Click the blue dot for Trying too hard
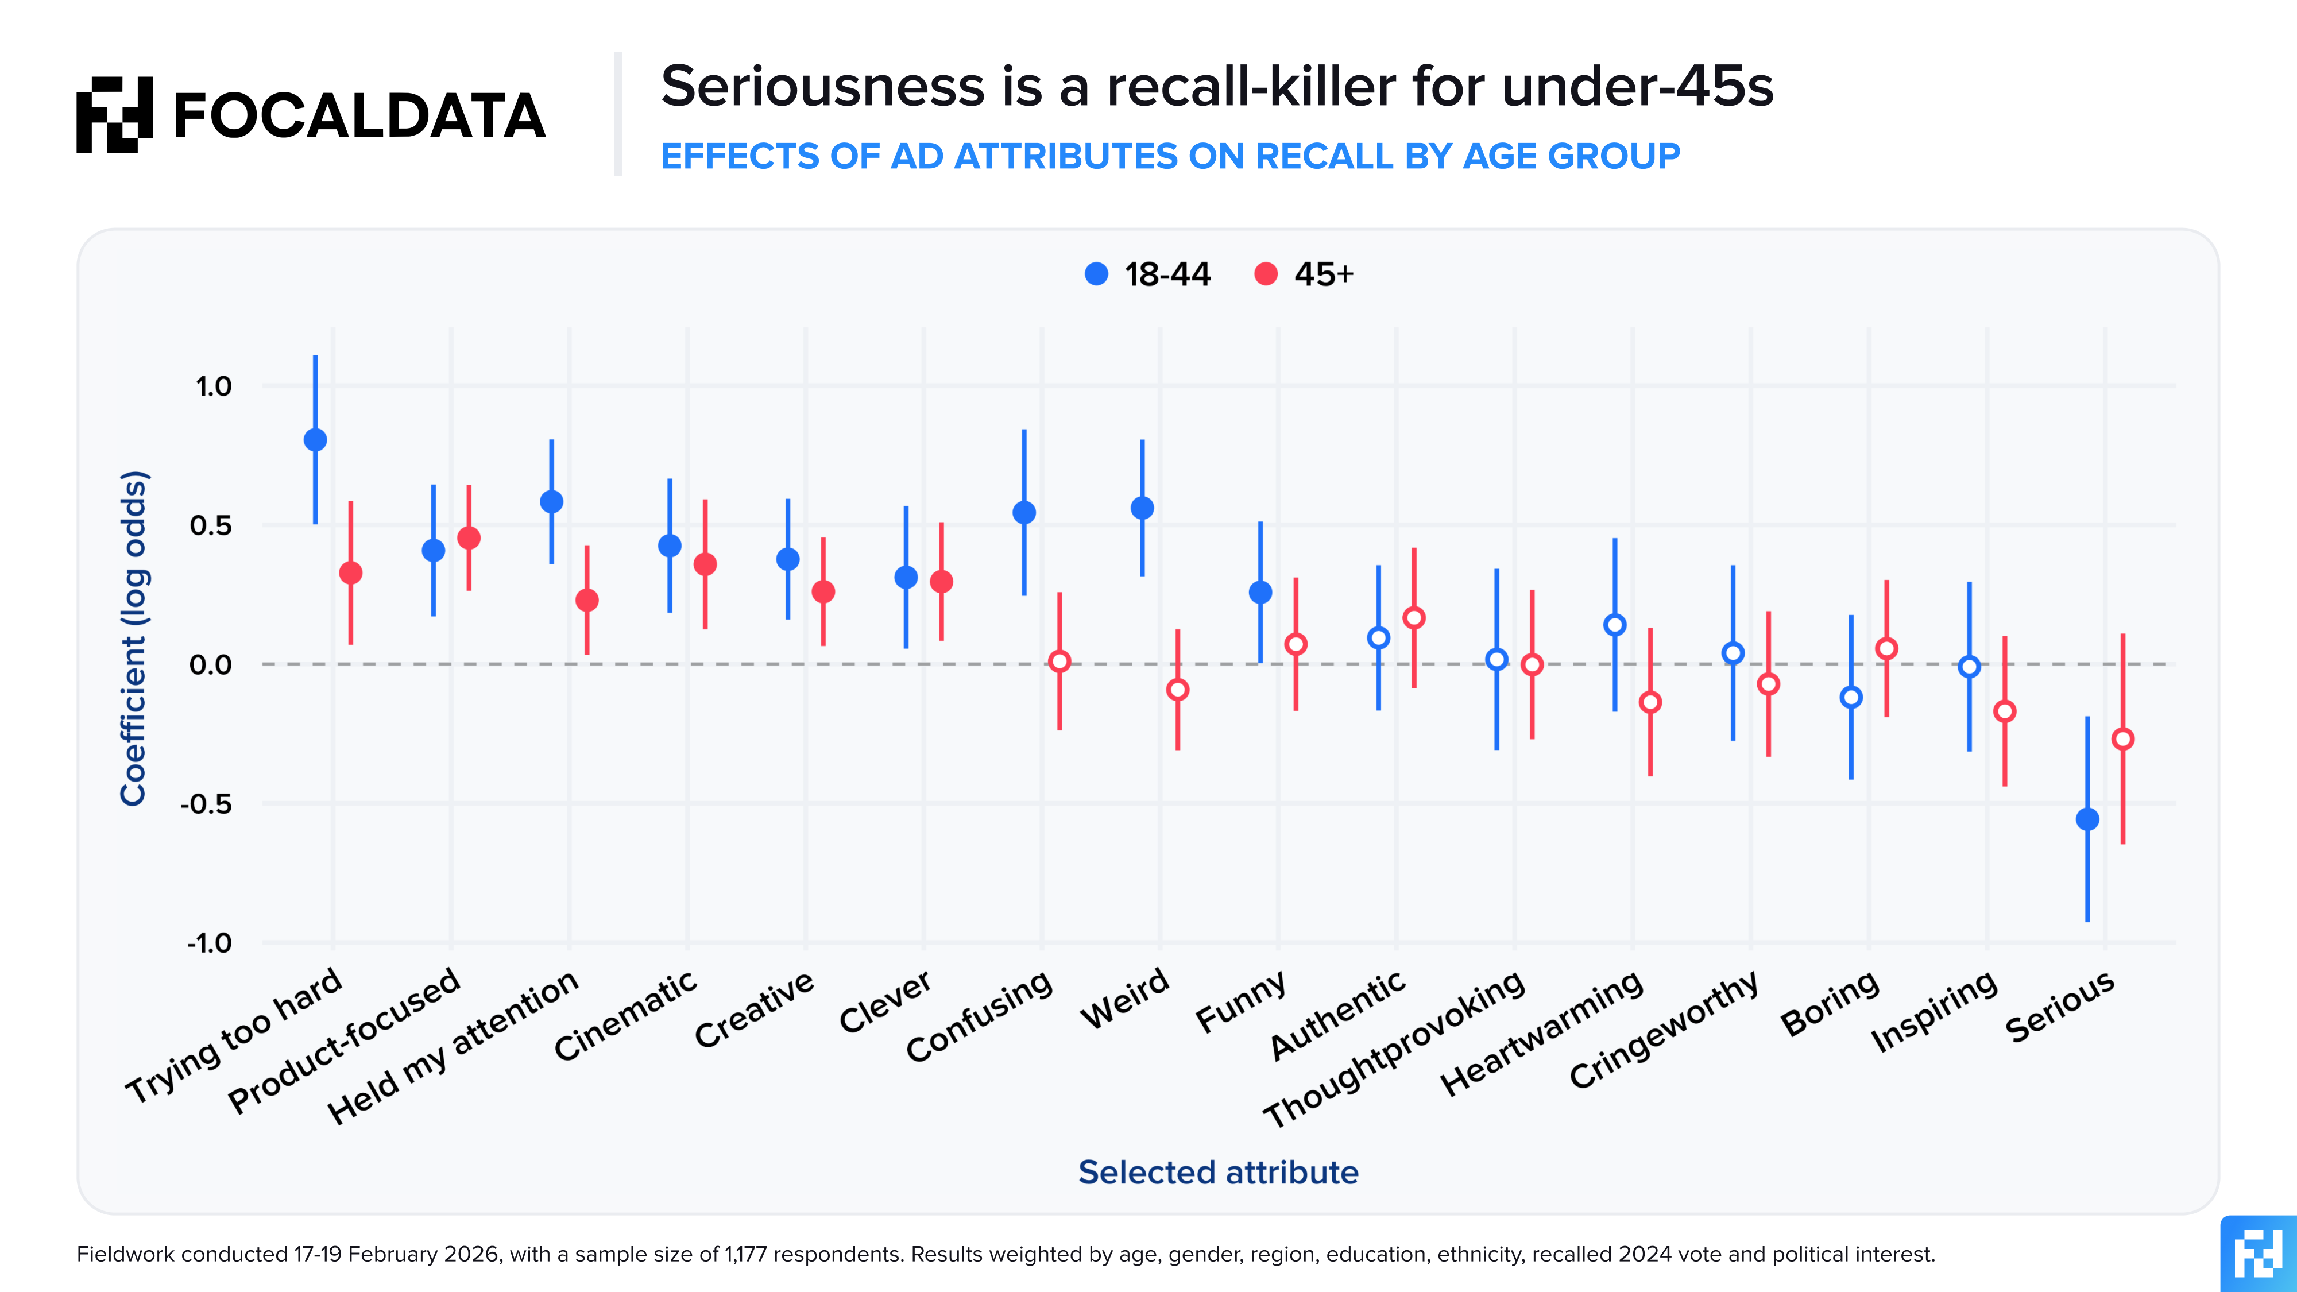coord(315,440)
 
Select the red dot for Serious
coord(2123,739)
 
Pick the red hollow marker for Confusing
coord(1059,662)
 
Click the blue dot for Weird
coord(1142,508)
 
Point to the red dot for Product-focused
coord(469,537)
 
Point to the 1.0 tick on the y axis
coord(213,386)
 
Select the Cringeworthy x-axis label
coord(1664,1030)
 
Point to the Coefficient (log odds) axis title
coord(134,639)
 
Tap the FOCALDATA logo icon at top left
coord(114,115)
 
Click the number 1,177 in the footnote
coord(747,1255)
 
